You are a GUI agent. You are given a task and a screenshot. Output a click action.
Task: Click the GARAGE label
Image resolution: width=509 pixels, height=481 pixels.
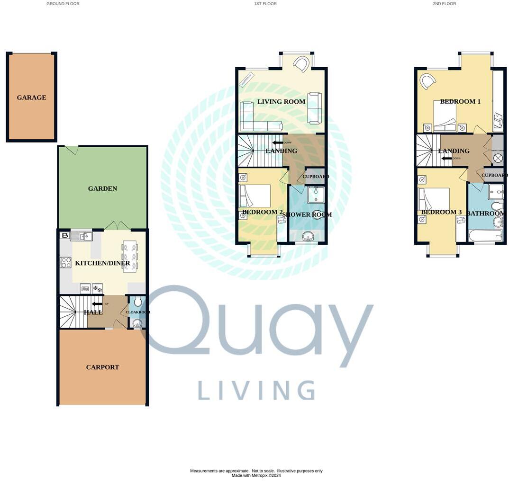coord(31,98)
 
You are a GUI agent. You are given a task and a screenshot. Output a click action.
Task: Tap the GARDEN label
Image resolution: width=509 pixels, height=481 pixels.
coord(102,188)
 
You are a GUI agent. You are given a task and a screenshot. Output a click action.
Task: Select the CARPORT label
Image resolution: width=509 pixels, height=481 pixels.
coord(102,367)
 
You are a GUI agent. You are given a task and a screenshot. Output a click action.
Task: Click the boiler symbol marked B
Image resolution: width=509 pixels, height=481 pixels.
coord(65,235)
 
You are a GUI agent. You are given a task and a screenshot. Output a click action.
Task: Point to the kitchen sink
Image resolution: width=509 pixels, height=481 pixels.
coord(81,236)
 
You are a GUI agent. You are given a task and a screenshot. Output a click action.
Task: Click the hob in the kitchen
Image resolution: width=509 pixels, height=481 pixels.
coord(66,262)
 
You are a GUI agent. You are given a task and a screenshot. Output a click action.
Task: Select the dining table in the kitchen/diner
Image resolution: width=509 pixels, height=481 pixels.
coord(130,256)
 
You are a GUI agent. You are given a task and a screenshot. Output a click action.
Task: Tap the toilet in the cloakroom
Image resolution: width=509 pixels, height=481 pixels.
coord(137,302)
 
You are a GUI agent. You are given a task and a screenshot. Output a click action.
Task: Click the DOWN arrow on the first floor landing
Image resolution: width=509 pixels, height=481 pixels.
coord(277,142)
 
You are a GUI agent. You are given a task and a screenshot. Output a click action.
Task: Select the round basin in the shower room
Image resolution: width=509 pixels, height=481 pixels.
coord(309,236)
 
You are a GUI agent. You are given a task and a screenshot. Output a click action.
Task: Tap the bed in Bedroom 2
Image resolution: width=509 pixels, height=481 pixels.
coord(255,196)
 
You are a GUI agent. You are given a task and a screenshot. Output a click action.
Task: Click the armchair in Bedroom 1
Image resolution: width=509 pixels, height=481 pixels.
coord(428,81)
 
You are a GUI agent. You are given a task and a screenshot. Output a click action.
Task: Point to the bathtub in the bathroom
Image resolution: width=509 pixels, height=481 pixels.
coord(485,235)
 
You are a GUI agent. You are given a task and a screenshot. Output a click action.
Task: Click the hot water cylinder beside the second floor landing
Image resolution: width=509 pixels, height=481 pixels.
coord(498,159)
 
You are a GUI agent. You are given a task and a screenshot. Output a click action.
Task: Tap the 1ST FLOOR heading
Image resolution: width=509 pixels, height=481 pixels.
coord(265,4)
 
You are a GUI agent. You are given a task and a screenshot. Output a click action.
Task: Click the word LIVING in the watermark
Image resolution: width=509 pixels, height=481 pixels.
coord(256,390)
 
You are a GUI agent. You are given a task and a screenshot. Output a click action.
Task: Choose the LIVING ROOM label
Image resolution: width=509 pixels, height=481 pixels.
coord(281,101)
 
